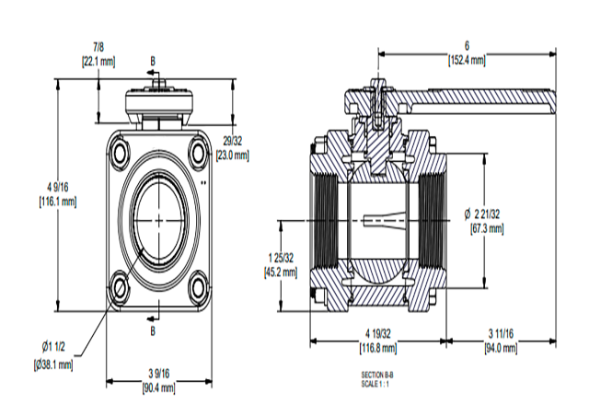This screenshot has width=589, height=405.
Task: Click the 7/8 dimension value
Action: (x=98, y=46)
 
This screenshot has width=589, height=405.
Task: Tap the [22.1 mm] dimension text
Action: (x=98, y=62)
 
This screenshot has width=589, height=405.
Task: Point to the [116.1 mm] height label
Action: (x=57, y=199)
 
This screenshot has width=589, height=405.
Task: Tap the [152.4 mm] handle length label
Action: (x=467, y=61)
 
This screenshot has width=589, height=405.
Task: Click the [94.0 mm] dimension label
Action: (x=501, y=348)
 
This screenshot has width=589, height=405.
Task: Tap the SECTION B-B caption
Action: (x=376, y=376)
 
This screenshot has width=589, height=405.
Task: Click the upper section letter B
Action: (x=154, y=61)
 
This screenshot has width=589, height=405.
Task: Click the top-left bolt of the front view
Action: (x=121, y=151)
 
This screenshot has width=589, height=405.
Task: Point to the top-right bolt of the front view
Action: (x=198, y=152)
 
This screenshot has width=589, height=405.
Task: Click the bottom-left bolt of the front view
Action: (x=121, y=287)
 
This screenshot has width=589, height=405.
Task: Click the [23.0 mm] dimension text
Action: (x=233, y=155)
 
